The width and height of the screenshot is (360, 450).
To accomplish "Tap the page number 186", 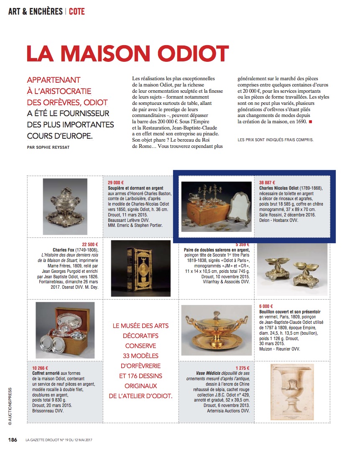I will coord(13,440).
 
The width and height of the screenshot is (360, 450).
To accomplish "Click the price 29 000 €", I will coord(116,183).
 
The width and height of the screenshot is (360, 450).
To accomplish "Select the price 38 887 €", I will coord(268,183).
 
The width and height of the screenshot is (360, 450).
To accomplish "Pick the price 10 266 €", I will coord(41,368).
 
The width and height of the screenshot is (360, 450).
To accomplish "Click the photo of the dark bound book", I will coord(135,268).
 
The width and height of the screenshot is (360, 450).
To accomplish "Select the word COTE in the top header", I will coord(77,11).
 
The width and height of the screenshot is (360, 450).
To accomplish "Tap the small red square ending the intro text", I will coord(310,122).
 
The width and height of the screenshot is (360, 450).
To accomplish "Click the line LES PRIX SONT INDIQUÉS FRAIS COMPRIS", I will coord(275,140).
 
